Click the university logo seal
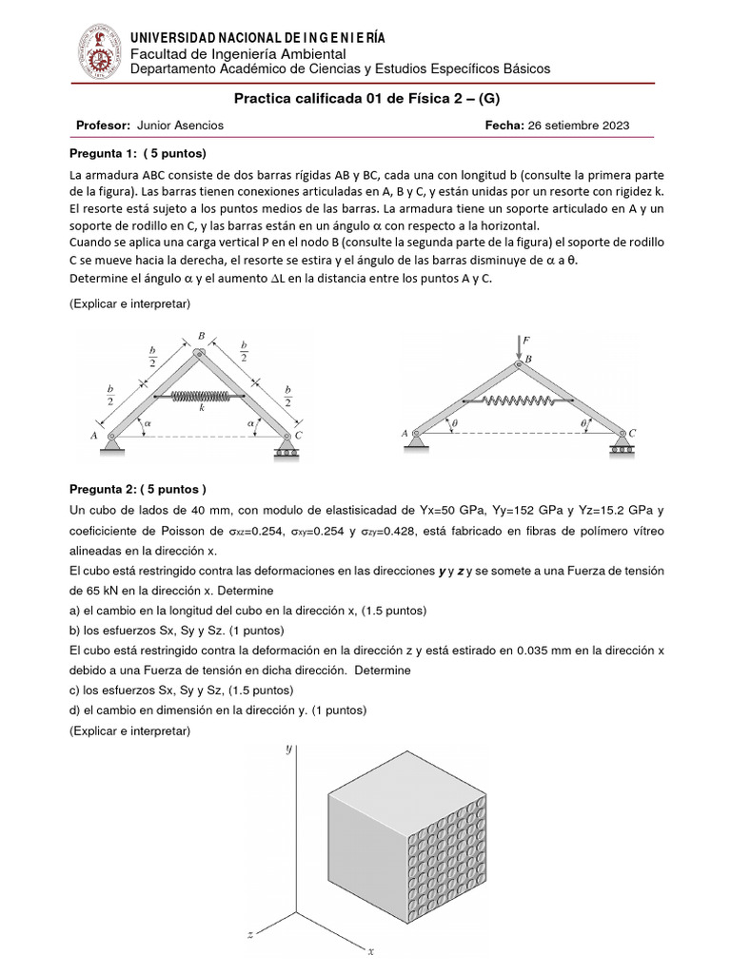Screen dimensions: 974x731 pyautogui.click(x=96, y=50)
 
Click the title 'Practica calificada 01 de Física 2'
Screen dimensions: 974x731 pyautogui.click(x=365, y=98)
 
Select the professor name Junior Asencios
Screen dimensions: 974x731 pyautogui.click(x=181, y=125)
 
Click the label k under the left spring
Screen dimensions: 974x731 pyautogui.click(x=202, y=408)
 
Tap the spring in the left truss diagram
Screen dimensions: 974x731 pyautogui.click(x=202, y=395)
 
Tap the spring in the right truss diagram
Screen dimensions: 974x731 pyautogui.click(x=519, y=400)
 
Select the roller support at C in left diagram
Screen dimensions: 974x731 pyautogui.click(x=286, y=446)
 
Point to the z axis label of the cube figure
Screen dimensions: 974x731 pyautogui.click(x=250, y=935)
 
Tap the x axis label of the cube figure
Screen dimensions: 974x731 pyautogui.click(x=372, y=950)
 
